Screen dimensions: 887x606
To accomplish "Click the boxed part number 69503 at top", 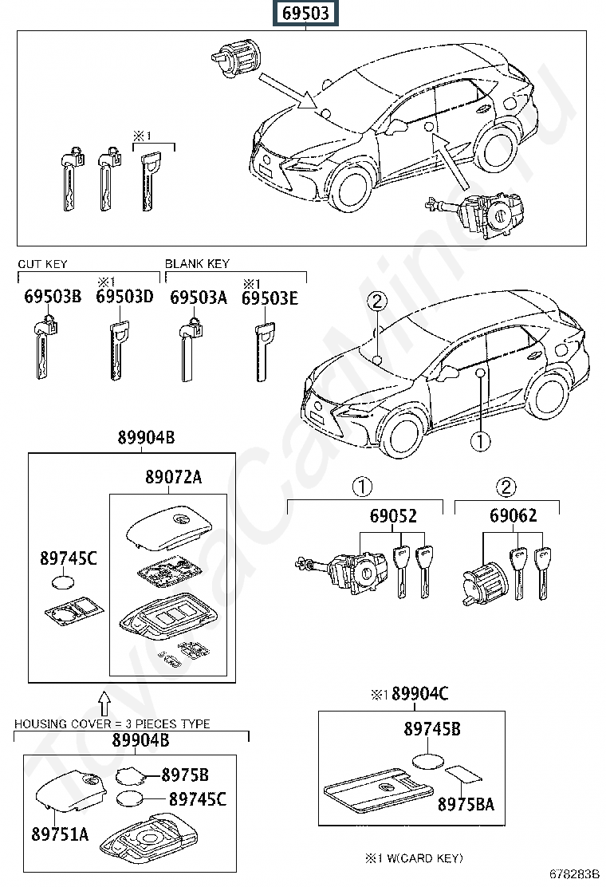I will (302, 14).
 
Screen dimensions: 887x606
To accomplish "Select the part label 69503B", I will (53, 298).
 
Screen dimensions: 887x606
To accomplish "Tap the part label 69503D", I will (124, 298).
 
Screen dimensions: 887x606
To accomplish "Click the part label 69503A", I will (199, 298).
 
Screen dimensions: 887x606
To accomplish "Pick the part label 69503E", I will (270, 298).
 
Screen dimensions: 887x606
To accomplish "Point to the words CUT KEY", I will (42, 264).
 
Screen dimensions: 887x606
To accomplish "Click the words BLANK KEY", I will (197, 264).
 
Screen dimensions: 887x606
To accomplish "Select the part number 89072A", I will (173, 477).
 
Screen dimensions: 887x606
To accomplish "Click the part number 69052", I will (392, 516).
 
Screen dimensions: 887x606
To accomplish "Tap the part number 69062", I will (513, 516).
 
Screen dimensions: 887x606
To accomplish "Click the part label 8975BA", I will (466, 804).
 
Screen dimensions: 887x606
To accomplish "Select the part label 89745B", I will (431, 728).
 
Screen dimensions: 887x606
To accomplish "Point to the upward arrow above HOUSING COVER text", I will (103, 703).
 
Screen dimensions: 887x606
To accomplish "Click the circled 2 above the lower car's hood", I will (376, 301).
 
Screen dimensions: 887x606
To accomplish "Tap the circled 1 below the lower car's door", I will (480, 440).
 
